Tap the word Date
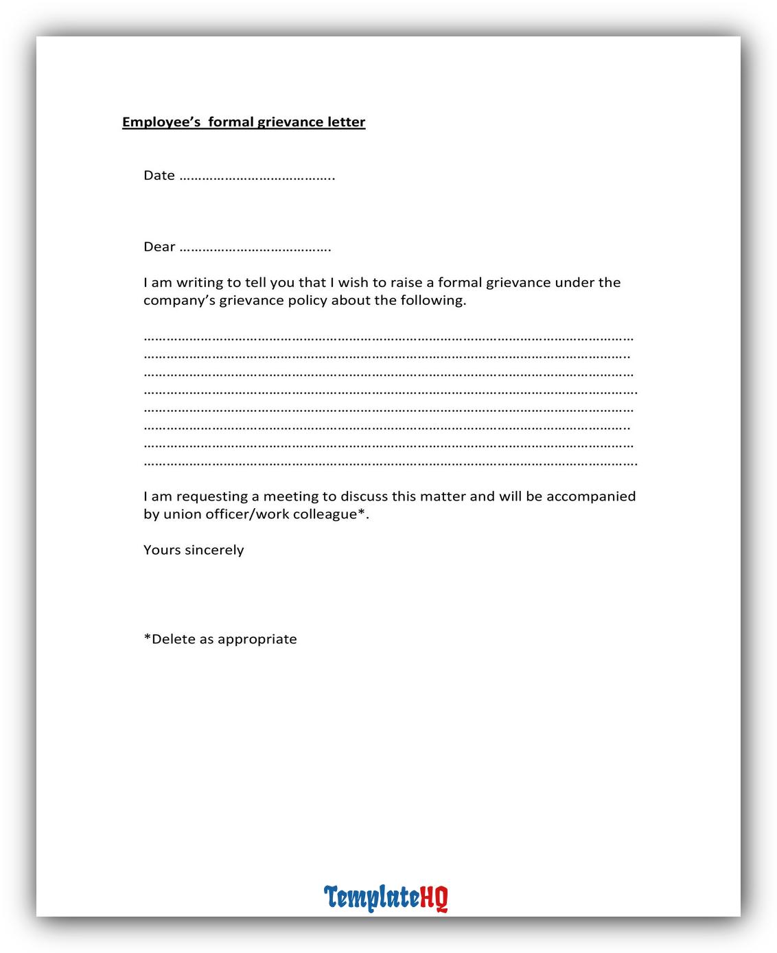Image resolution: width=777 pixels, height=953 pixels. pos(159,176)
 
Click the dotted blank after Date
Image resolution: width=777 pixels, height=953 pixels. pos(257,177)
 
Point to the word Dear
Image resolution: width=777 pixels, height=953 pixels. pos(159,247)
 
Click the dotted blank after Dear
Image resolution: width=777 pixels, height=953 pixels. pos(255,249)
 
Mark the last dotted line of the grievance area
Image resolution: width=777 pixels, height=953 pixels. pos(390,464)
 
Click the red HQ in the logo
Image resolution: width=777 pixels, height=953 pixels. pos(434,897)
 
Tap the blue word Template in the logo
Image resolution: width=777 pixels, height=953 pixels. pos(371,897)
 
